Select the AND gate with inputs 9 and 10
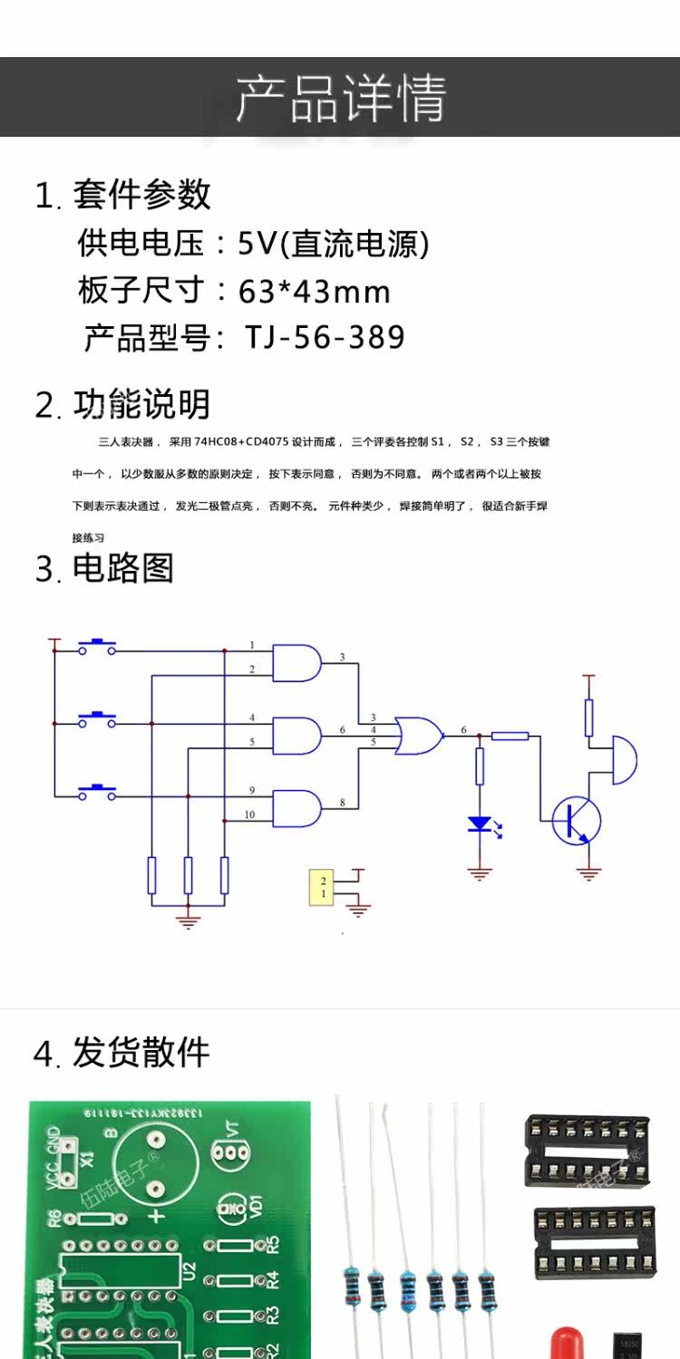coord(297,807)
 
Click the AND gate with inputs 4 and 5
coord(297,735)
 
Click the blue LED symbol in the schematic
coord(480,824)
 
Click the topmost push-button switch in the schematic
coord(97,646)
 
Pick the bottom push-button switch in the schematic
coord(97,793)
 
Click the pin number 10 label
coord(249,814)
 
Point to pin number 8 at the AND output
coord(342,802)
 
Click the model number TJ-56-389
coord(324,337)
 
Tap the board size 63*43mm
coord(314,291)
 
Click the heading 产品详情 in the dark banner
coord(341,98)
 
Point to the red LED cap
coord(567,1343)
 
